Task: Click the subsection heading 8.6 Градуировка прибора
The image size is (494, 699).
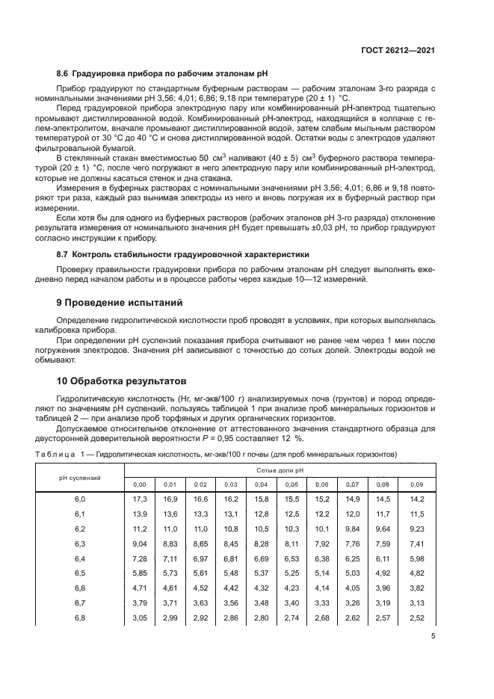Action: [x=161, y=74]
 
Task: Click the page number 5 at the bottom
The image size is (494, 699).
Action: [x=433, y=637]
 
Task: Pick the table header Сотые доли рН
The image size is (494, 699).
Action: [x=280, y=471]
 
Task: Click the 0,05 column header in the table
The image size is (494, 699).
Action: [x=292, y=484]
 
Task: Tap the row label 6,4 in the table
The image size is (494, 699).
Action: [x=80, y=558]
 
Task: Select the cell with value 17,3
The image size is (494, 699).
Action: [x=139, y=498]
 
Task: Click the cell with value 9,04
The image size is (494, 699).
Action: [x=139, y=544]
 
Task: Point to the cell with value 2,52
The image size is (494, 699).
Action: [x=416, y=619]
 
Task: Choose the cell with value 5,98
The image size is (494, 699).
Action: [x=416, y=558]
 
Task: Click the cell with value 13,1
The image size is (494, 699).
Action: [x=231, y=514]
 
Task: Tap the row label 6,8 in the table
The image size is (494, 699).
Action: [x=80, y=619]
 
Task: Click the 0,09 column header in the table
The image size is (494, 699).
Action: [x=416, y=484]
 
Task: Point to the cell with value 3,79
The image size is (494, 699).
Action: [x=139, y=604]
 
